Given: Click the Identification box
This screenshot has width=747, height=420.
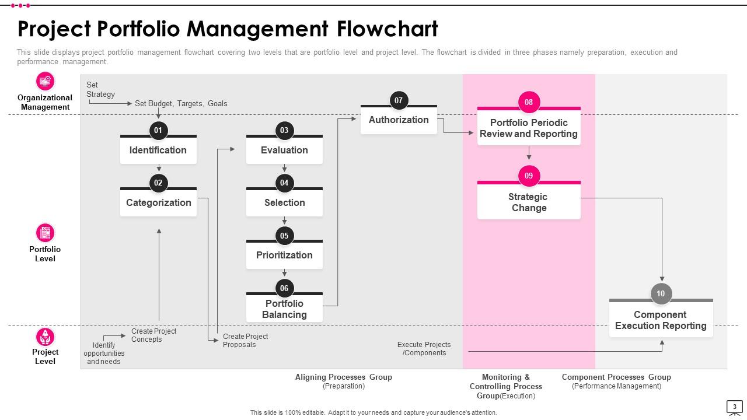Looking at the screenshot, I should point(158,150).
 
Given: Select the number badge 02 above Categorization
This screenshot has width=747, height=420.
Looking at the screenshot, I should point(158,183).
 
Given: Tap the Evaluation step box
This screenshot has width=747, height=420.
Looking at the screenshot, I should point(284,150).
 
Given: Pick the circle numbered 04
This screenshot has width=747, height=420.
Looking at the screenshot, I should point(284,183).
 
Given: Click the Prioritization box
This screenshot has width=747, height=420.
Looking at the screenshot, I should point(284,256).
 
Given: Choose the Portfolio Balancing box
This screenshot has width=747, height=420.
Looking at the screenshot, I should point(284,309).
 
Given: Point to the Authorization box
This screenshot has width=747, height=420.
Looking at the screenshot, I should point(399,120).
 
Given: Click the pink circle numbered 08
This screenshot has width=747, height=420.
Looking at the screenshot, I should point(529,102).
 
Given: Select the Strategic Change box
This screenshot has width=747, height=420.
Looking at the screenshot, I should point(529,202).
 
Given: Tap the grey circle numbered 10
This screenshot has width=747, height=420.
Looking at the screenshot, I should point(661,293).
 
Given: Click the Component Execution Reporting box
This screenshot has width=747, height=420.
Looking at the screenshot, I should point(661,320).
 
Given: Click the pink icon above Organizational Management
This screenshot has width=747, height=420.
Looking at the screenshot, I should point(45,81).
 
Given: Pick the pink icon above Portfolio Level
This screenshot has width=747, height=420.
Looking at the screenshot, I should point(45,233).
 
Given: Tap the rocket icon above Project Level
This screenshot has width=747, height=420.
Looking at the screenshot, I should point(45,337).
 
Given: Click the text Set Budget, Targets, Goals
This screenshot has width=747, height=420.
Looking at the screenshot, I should point(181,104).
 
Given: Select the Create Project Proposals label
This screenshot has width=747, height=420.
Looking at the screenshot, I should point(245,341).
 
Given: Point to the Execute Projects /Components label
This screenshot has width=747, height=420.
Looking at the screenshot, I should point(424,349).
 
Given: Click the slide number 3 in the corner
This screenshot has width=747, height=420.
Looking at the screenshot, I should point(734,407).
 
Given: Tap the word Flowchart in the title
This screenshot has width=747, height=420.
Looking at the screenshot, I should point(387,29).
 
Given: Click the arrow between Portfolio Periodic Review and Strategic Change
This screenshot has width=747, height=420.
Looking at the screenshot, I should point(529,153).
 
